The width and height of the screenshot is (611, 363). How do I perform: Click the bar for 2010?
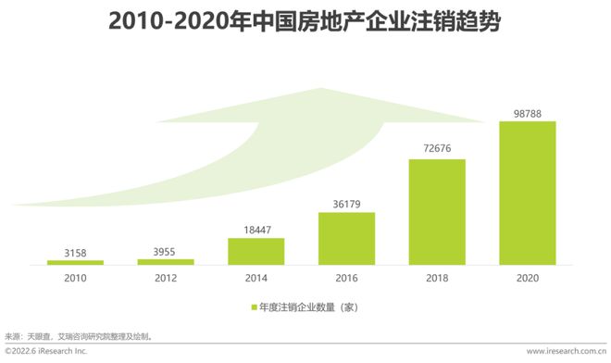75,263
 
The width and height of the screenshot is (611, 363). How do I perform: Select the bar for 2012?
166,262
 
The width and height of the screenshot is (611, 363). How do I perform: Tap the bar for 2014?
256,252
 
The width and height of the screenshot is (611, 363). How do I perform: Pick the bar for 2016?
347,239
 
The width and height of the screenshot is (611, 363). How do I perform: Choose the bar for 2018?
437,212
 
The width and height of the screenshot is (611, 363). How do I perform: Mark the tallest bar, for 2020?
528,194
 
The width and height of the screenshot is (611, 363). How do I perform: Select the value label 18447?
256,228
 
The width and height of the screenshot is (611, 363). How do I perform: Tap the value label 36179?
347,203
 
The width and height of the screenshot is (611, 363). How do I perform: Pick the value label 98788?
528,112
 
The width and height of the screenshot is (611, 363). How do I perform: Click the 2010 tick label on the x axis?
75,277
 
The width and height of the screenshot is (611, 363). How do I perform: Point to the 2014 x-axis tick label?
256,277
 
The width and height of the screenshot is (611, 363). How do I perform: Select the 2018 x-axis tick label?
437,277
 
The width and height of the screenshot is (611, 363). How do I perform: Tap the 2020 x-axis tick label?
528,277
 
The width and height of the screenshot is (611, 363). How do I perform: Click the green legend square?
253,306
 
